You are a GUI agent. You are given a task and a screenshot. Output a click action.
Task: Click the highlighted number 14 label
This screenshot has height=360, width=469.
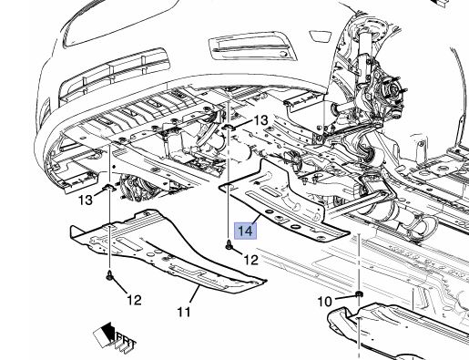pyautogui.click(x=246, y=231)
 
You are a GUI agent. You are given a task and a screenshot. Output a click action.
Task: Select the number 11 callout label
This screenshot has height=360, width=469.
pyautogui.click(x=183, y=312)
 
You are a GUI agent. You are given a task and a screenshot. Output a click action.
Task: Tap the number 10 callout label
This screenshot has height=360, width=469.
pyautogui.click(x=325, y=302)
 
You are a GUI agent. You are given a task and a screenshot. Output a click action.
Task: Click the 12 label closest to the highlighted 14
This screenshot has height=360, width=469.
pyautogui.click(x=251, y=260)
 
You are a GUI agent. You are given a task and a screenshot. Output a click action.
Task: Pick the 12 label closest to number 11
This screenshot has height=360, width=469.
pyautogui.click(x=134, y=300)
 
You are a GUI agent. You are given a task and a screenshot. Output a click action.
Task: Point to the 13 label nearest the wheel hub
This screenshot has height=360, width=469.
pyautogui.click(x=260, y=120)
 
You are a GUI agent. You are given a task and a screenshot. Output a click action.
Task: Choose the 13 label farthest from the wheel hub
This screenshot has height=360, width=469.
pyautogui.click(x=86, y=201)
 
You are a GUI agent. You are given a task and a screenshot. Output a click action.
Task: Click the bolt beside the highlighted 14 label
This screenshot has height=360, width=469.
pyautogui.click(x=229, y=245)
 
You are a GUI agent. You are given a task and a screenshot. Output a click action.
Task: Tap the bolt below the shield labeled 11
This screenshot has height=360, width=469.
pyautogui.click(x=109, y=275)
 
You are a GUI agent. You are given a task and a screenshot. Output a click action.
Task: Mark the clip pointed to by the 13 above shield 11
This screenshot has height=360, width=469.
pyautogui.click(x=109, y=189)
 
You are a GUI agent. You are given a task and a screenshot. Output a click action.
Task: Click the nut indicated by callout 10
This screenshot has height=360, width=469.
pyautogui.click(x=359, y=294)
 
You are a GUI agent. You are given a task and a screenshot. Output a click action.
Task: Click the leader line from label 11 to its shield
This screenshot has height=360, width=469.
pyautogui.click(x=194, y=293)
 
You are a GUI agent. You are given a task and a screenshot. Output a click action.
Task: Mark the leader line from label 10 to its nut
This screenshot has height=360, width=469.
pyautogui.click(x=344, y=297)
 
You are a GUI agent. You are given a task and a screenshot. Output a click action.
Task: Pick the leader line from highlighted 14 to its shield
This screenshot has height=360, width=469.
pyautogui.click(x=255, y=219)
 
